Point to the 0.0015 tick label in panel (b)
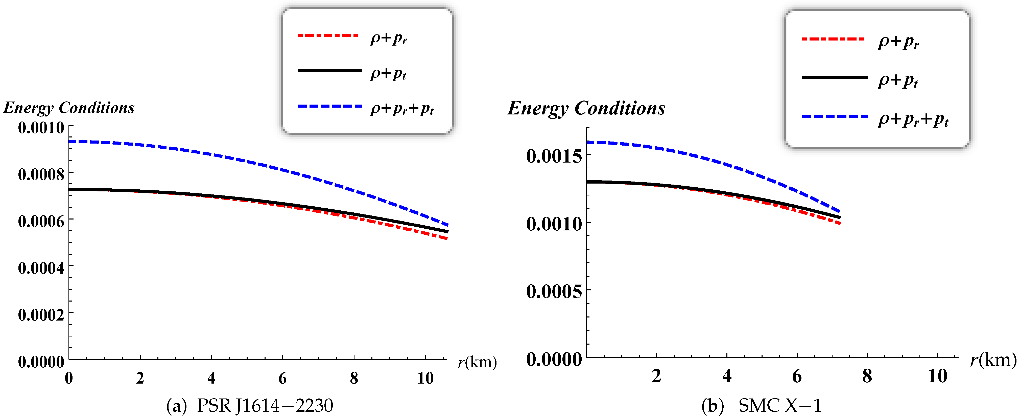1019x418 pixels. click(x=554, y=156)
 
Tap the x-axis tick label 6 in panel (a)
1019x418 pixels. click(x=282, y=379)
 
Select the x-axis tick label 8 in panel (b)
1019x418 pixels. click(x=867, y=376)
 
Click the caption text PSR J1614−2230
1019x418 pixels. click(x=265, y=405)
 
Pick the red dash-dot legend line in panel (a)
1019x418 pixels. click(x=328, y=36)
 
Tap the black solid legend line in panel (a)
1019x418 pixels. click(x=329, y=71)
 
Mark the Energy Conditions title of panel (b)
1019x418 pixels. click(x=586, y=108)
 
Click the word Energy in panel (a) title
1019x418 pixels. click(x=28, y=108)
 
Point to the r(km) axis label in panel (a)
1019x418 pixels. click(x=477, y=362)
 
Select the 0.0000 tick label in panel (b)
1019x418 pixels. click(x=554, y=359)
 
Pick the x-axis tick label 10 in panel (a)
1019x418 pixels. click(x=425, y=379)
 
